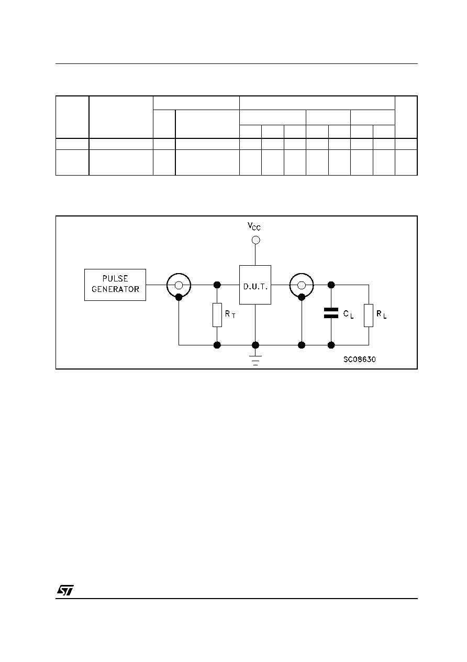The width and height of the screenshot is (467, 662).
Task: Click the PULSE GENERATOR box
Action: [x=115, y=285]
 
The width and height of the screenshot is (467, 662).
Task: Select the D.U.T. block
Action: [x=255, y=285]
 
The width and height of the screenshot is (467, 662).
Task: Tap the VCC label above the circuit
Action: [x=254, y=226]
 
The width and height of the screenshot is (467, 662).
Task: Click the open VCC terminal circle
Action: [x=255, y=240]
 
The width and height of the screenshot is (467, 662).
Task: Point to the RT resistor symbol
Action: [x=217, y=314]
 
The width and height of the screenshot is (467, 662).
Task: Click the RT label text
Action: [x=230, y=314]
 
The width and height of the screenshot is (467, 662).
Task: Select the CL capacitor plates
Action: [x=331, y=313]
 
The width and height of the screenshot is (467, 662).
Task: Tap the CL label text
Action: [x=348, y=314]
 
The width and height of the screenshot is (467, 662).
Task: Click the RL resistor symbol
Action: [x=369, y=316]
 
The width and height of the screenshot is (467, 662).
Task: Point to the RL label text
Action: [x=381, y=314]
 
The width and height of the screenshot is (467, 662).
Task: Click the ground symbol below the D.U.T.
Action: [x=255, y=361]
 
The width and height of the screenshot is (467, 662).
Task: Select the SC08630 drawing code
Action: [x=359, y=360]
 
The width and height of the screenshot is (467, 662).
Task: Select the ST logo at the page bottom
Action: [x=65, y=590]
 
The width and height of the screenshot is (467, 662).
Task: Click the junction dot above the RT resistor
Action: [x=217, y=285]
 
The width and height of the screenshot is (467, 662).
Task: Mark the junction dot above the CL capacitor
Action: [x=331, y=285]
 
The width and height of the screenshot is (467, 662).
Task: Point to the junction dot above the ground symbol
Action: [x=255, y=345]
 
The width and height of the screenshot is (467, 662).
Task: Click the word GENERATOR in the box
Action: [x=115, y=289]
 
